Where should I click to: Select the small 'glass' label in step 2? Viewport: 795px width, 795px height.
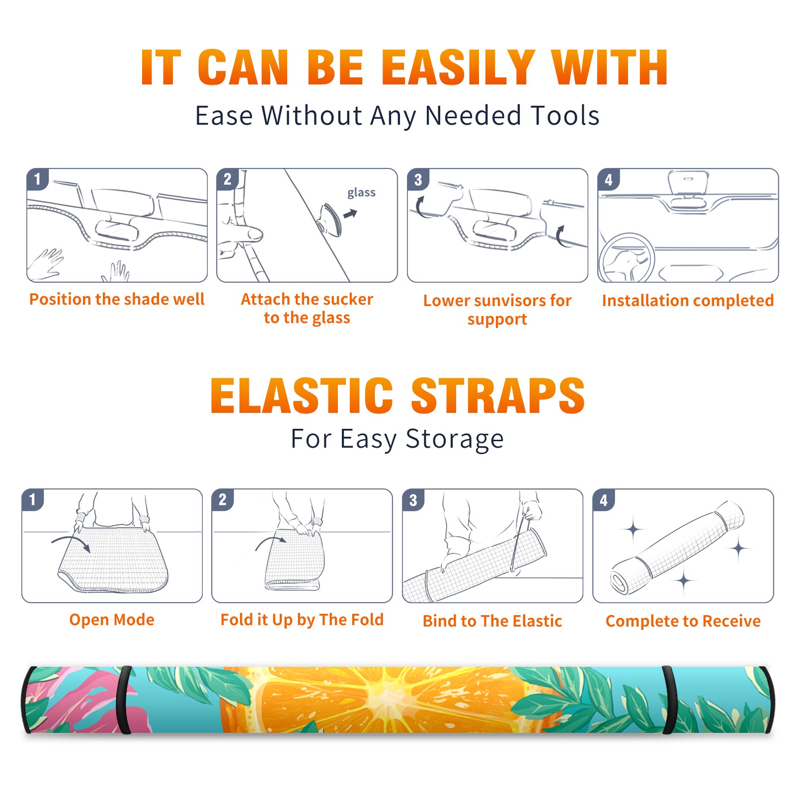coord(361,193)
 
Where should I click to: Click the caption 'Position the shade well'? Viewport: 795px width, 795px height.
coord(117,299)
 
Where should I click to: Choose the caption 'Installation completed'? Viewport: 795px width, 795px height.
coord(688,301)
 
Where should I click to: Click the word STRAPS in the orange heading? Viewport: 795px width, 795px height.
coord(498,396)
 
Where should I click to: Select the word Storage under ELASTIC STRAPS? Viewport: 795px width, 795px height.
coord(455,439)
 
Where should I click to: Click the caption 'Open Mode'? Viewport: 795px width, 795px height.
coord(112,620)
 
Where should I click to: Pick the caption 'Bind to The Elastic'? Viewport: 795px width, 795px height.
coord(492,621)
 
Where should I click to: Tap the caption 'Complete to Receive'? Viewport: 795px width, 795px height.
coord(683,621)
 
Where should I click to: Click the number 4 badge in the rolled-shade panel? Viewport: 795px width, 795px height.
coord(604,500)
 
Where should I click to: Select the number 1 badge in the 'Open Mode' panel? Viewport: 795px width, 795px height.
coord(33,500)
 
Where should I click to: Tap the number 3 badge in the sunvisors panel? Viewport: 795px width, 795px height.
coord(418,180)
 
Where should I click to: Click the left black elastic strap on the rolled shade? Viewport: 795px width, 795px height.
coord(124,700)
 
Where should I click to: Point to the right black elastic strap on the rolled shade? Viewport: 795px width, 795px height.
coord(668,700)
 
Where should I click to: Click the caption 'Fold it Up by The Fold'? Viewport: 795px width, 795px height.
coord(302,620)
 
